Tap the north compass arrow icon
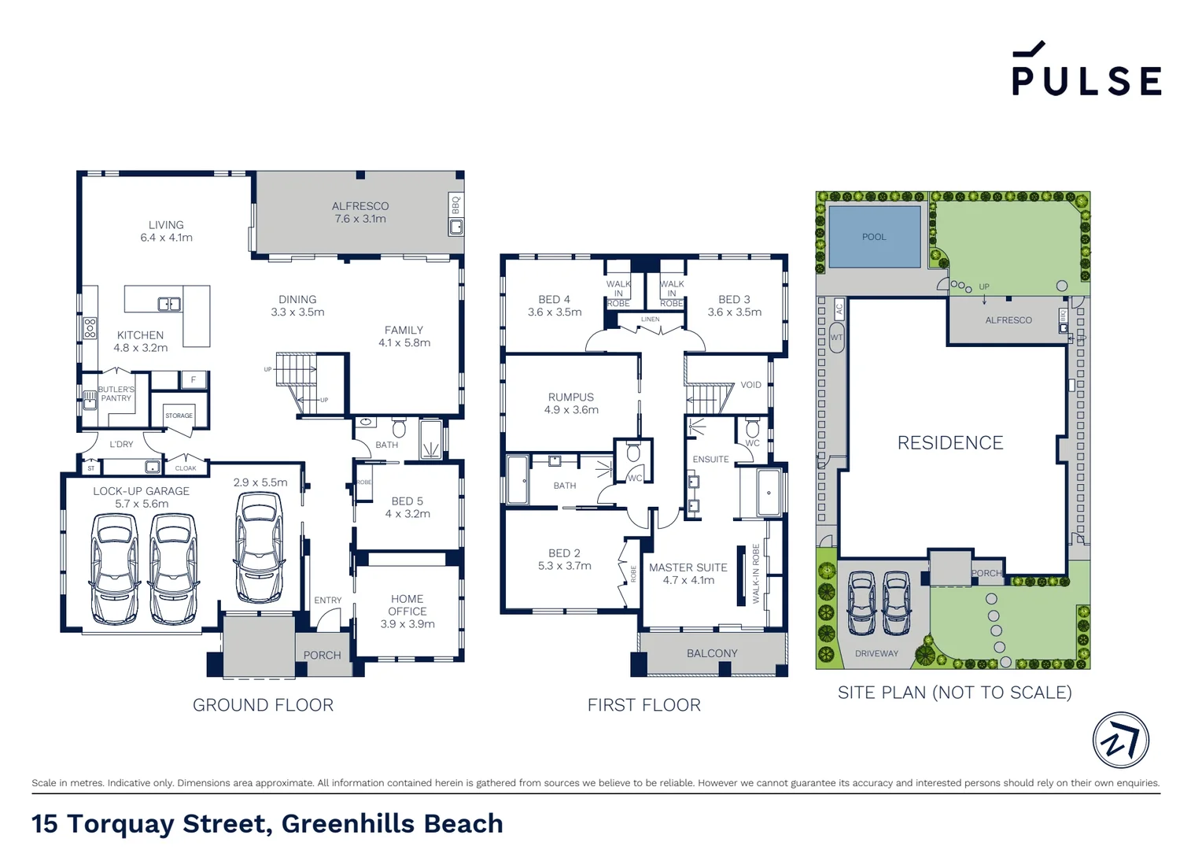pyautogui.click(x=1120, y=741)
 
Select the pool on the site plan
pyautogui.click(x=874, y=237)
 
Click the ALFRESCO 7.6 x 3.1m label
pyautogui.click(x=360, y=213)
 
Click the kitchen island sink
pyautogui.click(x=169, y=304)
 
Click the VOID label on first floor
pyautogui.click(x=750, y=385)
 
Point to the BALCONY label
pyautogui.click(x=712, y=653)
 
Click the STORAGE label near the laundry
pyautogui.click(x=179, y=416)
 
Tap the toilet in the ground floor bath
pyautogui.click(x=399, y=429)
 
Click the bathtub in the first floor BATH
pyautogui.click(x=518, y=480)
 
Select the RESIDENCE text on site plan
pyautogui.click(x=950, y=443)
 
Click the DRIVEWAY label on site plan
pyautogui.click(x=876, y=654)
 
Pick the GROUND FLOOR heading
pyautogui.click(x=263, y=705)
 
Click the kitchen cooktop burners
pyautogui.click(x=90, y=328)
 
